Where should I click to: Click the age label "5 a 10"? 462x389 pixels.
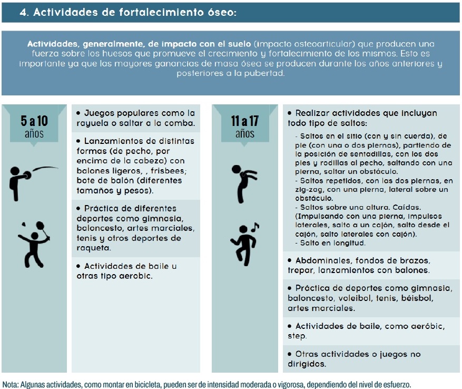[34, 120]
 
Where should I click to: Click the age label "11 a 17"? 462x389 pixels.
[245, 120]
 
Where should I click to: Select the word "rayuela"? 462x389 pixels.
[92, 124]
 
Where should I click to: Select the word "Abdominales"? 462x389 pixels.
[322, 261]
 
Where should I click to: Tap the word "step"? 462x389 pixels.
[297, 336]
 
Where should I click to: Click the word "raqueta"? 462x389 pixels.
[93, 248]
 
